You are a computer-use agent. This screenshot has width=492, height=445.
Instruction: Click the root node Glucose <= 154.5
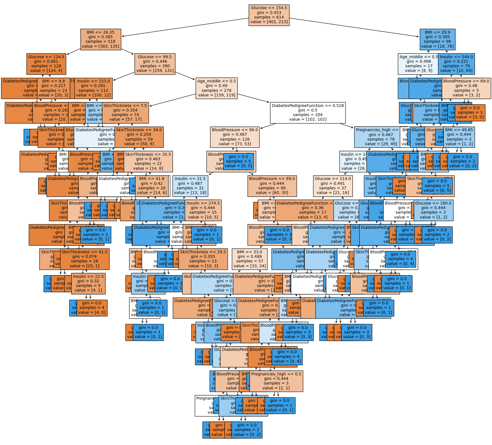269,15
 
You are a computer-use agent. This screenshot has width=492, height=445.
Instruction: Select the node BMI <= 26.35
101,39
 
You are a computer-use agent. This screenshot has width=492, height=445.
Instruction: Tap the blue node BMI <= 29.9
437,39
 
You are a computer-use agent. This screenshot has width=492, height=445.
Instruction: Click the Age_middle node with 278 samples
216,88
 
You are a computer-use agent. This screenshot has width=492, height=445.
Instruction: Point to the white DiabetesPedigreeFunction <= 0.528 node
308,113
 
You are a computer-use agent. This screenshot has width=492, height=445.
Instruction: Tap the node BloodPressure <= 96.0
235,137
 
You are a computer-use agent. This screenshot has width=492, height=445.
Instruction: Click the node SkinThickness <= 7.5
125,113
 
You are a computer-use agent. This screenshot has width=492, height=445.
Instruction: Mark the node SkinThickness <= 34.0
139,137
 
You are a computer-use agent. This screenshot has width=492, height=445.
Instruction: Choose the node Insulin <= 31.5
190,186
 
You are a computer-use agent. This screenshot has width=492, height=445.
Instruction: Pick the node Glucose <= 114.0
333,186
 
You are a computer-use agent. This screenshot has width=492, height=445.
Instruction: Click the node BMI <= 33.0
249,259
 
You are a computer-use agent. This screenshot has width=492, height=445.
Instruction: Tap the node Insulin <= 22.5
88,284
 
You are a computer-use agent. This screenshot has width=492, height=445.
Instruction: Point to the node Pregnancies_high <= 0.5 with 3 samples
276,381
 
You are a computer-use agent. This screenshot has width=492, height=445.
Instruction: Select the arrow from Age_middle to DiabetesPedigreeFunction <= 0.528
253,98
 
